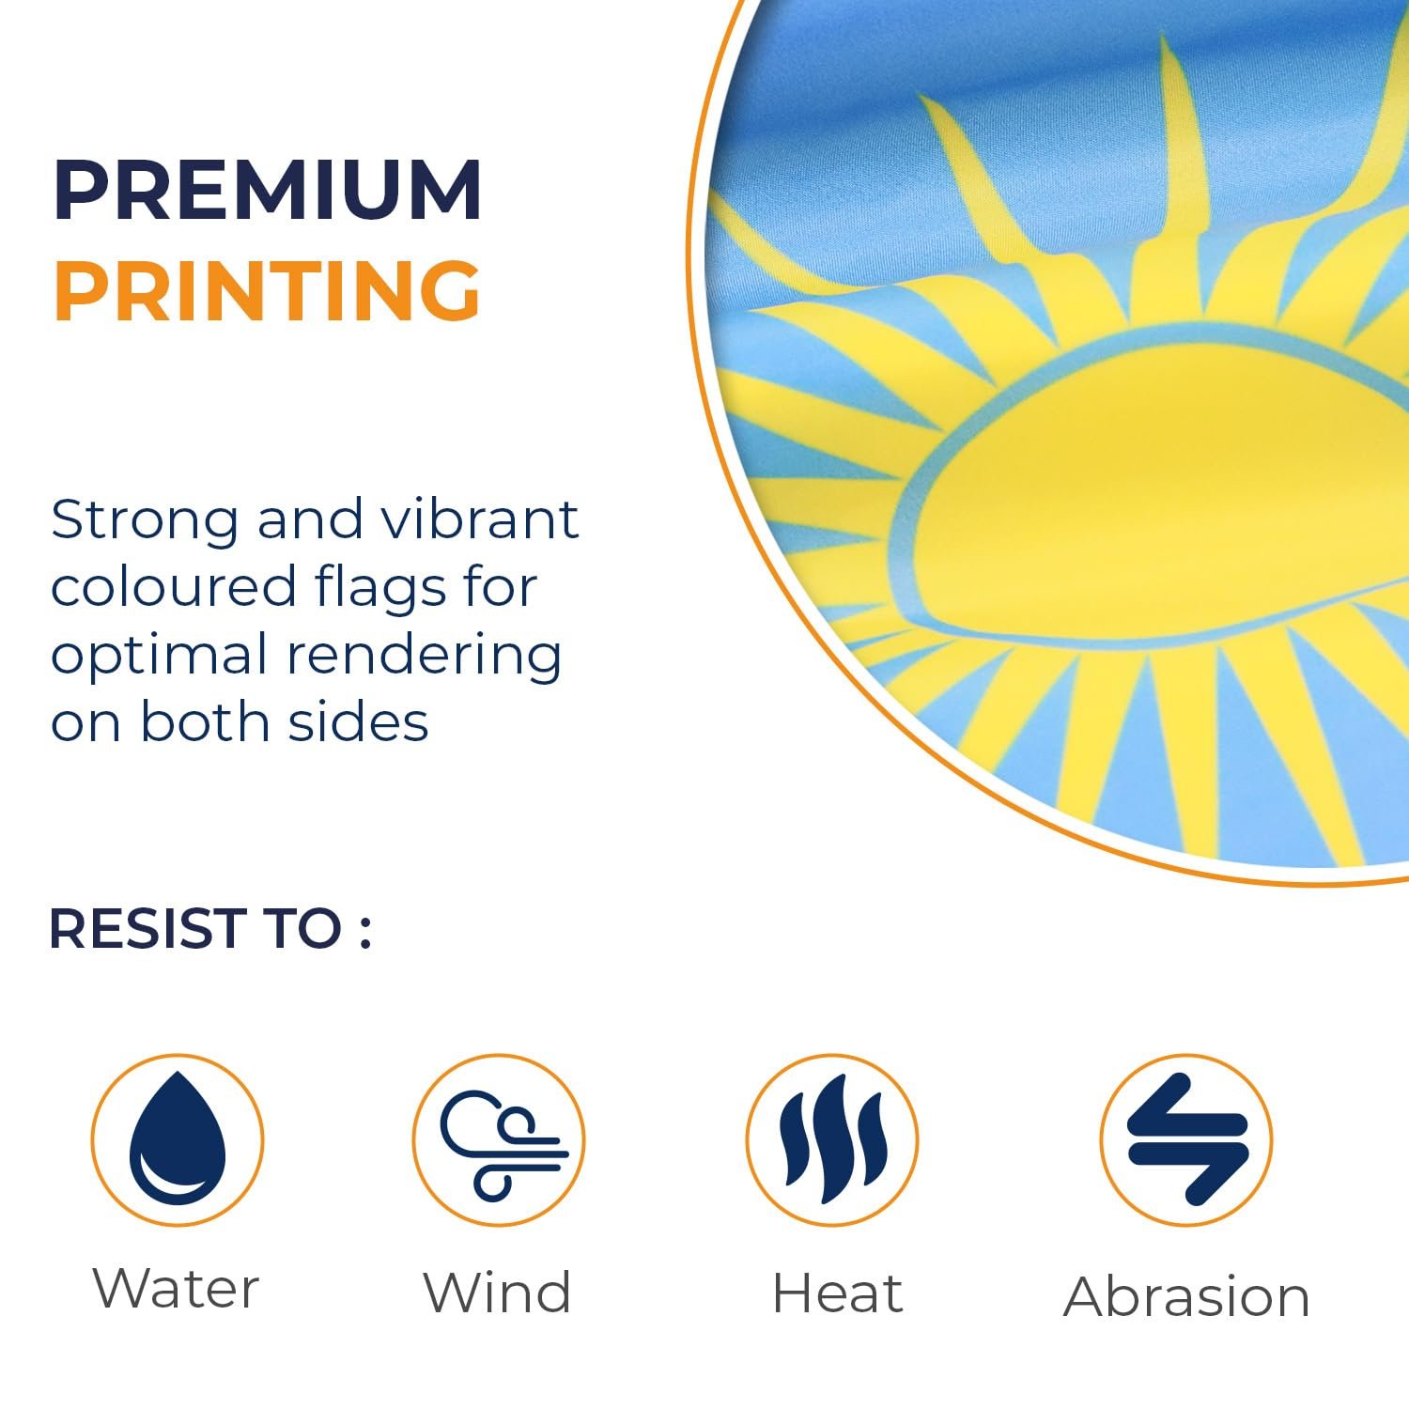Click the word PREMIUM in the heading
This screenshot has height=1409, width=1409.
(269, 191)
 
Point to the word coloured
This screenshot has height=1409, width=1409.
(174, 587)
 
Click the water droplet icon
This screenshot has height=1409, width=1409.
(178, 1138)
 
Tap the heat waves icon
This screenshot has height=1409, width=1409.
(833, 1139)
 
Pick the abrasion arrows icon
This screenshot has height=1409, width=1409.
(1187, 1139)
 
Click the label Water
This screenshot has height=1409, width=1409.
(176, 1288)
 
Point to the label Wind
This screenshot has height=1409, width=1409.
(497, 1293)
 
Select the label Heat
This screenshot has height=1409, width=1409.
(838, 1293)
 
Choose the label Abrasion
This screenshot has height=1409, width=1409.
(1187, 1297)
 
